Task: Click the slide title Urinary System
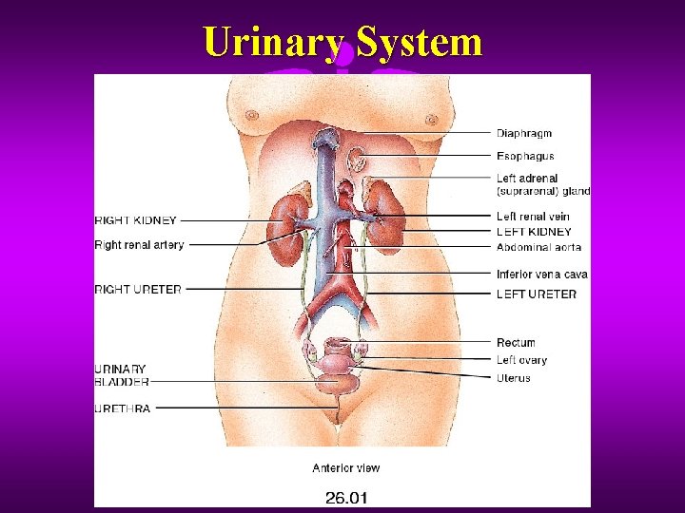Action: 342,42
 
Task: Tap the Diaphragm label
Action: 523,134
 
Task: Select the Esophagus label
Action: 525,156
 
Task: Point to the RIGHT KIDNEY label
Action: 136,221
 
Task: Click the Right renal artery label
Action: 139,245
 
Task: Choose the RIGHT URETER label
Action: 138,289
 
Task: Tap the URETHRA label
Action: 122,408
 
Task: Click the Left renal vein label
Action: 533,217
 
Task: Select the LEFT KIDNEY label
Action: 534,232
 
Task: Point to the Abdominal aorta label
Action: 538,248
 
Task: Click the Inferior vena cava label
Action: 541,275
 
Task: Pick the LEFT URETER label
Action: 536,294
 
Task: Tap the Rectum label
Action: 516,342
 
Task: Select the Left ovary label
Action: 521,360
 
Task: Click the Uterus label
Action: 514,378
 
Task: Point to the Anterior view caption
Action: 346,467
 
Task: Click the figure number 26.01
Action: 346,496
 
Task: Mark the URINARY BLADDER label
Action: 122,375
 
